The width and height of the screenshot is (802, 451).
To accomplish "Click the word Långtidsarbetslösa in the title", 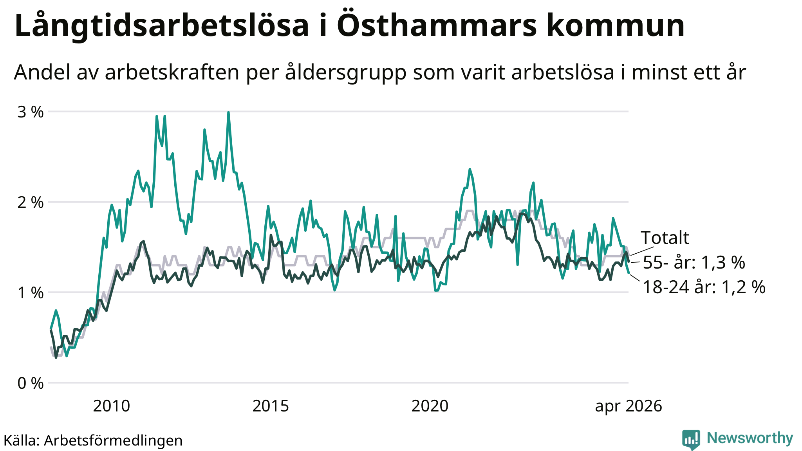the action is click(x=162, y=26).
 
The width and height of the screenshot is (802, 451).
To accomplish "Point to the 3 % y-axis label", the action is click(x=31, y=112).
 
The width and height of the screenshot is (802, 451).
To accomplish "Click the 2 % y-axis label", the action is click(x=31, y=202).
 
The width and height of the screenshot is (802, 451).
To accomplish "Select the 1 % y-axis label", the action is click(x=31, y=292).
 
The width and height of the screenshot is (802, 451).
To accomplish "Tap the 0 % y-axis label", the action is click(x=31, y=383).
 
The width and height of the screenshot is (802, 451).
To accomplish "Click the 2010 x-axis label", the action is click(x=112, y=406).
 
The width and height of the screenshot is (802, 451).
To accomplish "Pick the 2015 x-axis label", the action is click(x=271, y=406).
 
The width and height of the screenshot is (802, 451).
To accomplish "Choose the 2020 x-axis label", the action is click(x=430, y=406).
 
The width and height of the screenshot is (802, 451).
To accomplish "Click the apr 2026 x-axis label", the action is click(x=629, y=406).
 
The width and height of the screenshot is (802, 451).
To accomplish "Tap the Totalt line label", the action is click(x=665, y=238).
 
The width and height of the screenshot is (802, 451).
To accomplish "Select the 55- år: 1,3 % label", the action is click(x=694, y=262).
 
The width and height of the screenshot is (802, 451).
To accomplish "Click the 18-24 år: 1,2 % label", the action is click(x=704, y=287).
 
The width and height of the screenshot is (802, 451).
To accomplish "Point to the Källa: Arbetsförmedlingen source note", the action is click(x=93, y=440).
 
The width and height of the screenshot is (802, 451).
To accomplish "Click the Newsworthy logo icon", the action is click(x=691, y=439).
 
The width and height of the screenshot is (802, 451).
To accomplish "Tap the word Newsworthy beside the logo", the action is click(x=750, y=438).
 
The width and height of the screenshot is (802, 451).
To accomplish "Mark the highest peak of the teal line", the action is click(x=228, y=112).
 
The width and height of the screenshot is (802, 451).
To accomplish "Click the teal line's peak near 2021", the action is click(x=470, y=169).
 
